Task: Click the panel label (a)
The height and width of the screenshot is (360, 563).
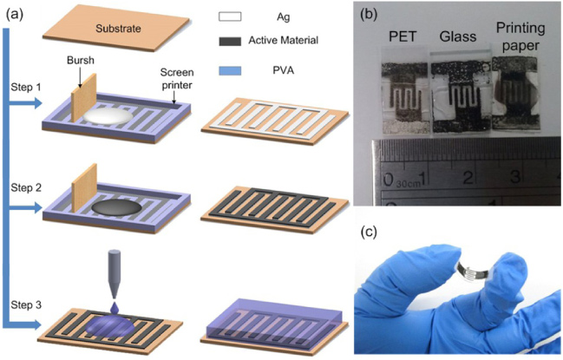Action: pos(15,11)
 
